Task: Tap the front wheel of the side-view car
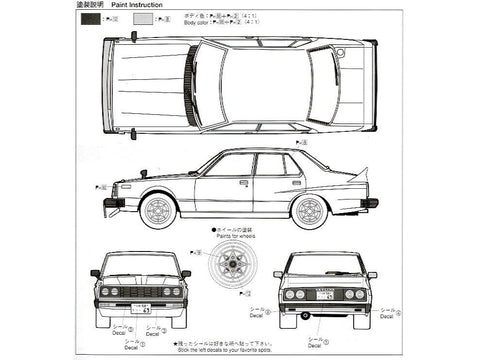[x=159, y=210]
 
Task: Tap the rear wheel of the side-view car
[x=310, y=210]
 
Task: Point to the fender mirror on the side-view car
[x=146, y=174]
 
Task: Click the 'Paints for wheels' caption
[x=237, y=237]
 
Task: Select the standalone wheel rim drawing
[x=238, y=270]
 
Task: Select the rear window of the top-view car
[x=322, y=84]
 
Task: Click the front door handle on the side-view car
[x=244, y=184]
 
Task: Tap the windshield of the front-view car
[x=140, y=264]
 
